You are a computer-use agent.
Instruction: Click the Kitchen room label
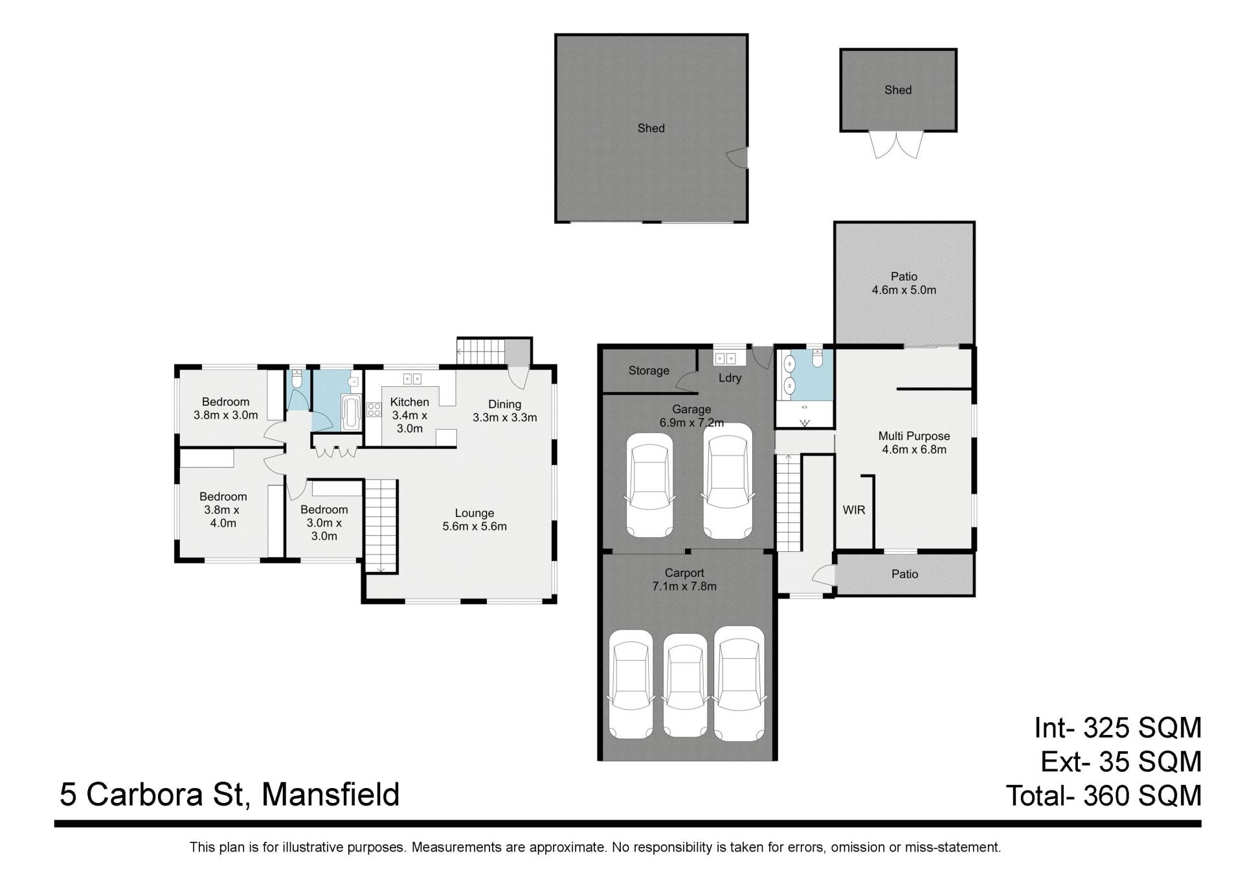(x=409, y=415)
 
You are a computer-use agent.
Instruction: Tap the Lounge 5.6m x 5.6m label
(x=475, y=520)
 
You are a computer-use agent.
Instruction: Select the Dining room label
(x=505, y=411)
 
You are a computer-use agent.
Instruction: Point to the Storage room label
(x=649, y=371)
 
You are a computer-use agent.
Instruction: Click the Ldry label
(x=730, y=379)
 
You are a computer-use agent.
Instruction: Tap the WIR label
(x=854, y=510)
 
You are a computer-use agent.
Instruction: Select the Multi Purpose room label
(x=914, y=443)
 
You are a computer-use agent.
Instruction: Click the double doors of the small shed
(x=897, y=145)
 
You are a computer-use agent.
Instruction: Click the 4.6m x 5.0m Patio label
(x=904, y=283)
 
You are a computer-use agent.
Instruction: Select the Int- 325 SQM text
(x=1117, y=728)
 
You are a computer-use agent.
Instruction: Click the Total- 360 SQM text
(x=1104, y=795)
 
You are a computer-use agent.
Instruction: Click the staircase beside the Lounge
(x=381, y=526)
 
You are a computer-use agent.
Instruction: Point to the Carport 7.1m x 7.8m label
(x=684, y=580)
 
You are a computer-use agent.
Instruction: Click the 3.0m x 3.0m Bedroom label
(x=324, y=523)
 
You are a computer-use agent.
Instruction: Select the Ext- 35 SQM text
(x=1121, y=762)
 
